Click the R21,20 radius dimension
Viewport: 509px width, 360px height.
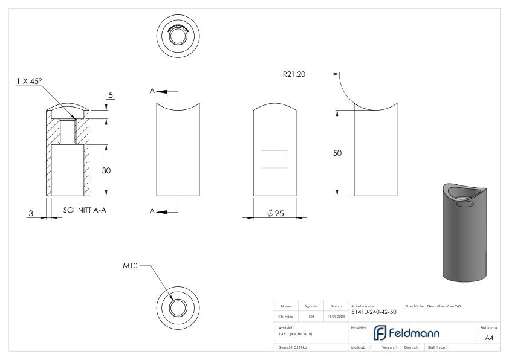[296, 74]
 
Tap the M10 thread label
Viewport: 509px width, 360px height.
[131, 266]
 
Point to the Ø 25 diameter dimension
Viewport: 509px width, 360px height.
[276, 214]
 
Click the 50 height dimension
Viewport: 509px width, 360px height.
[338, 153]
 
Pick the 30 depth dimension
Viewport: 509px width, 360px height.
[106, 171]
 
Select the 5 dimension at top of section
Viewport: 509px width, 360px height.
[111, 95]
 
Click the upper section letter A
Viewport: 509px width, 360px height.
[152, 91]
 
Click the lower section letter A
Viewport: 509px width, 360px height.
[152, 211]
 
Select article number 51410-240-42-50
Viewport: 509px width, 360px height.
[374, 312]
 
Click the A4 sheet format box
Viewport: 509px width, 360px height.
[490, 338]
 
